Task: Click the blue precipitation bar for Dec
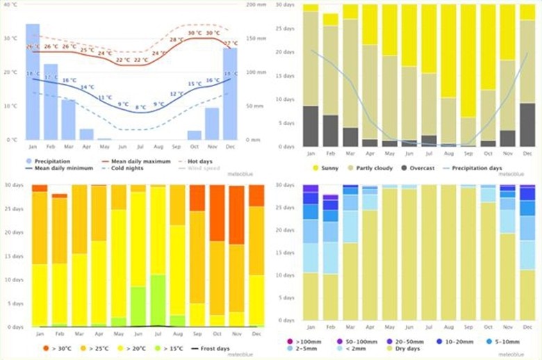pyautogui.click(x=230, y=93)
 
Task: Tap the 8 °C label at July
pyautogui.click(x=140, y=108)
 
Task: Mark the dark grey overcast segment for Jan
pyautogui.click(x=311, y=126)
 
